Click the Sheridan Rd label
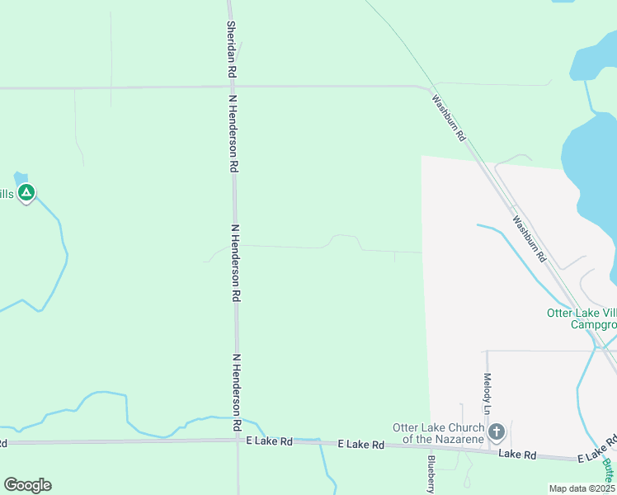tap(232, 49)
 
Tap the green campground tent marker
tap(26, 193)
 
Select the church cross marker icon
tap(496, 431)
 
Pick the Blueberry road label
tap(431, 474)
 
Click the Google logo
tap(27, 485)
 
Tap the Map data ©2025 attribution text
tap(582, 488)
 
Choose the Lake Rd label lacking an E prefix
tap(518, 455)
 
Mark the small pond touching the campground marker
tap(21, 177)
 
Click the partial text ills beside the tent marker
tap(6, 194)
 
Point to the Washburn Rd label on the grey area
tap(529, 239)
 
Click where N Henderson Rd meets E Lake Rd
tap(238, 441)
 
